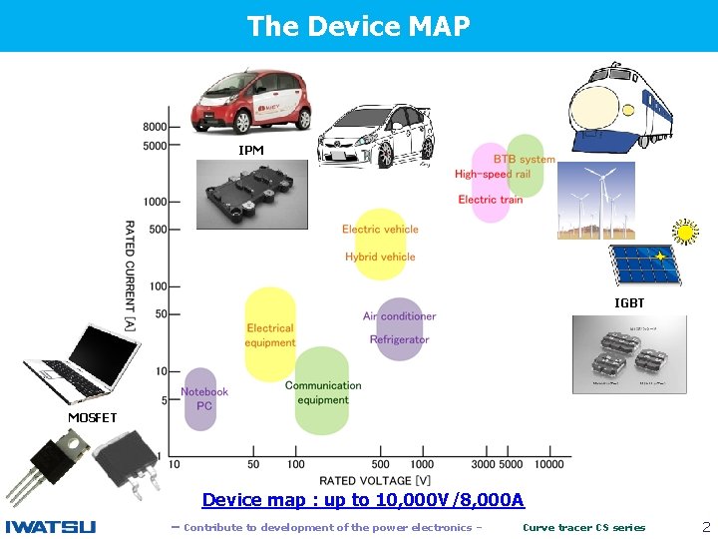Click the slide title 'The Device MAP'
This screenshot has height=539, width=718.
click(358, 26)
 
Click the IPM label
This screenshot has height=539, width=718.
click(251, 150)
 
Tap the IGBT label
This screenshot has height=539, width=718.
click(629, 302)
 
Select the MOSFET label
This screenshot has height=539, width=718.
click(93, 417)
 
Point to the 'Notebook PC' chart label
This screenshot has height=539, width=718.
click(204, 398)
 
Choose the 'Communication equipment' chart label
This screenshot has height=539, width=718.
click(323, 392)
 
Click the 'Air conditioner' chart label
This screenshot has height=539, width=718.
click(399, 316)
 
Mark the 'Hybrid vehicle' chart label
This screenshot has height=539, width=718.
click(380, 257)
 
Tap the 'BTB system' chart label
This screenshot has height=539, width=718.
click(525, 159)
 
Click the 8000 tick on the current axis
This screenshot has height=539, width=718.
click(155, 127)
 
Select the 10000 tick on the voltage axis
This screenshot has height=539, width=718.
click(549, 464)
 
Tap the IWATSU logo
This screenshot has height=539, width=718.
click(51, 527)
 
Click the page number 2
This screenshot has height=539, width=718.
click(706, 526)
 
